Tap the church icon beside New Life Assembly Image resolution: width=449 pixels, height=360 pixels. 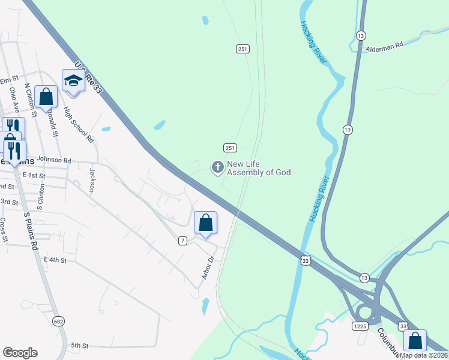click(217, 166)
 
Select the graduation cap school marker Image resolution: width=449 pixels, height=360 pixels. click(73, 82)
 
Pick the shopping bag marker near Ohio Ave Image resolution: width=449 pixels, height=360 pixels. click(46, 97)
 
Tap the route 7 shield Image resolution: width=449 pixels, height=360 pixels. click(183, 240)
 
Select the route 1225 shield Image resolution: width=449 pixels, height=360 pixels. click(360, 326)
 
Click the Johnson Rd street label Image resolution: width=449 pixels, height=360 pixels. click(54, 160)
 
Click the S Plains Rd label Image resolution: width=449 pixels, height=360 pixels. click(30, 229)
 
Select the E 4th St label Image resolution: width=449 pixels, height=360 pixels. click(55, 259)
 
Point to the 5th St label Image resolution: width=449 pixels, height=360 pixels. click(80, 346)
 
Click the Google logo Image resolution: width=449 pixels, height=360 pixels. click(20, 352)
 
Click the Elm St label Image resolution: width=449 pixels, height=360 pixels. click(10, 80)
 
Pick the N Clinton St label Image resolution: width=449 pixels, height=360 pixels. click(31, 99)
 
